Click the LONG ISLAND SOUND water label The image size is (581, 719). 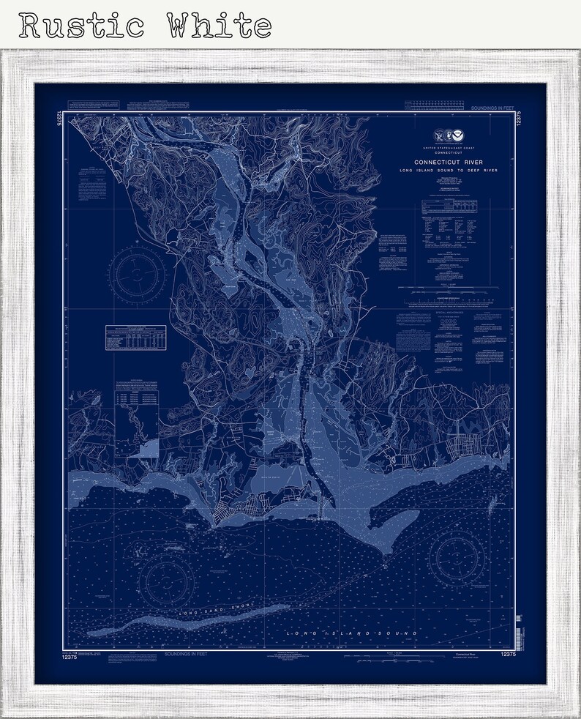[352, 631]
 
